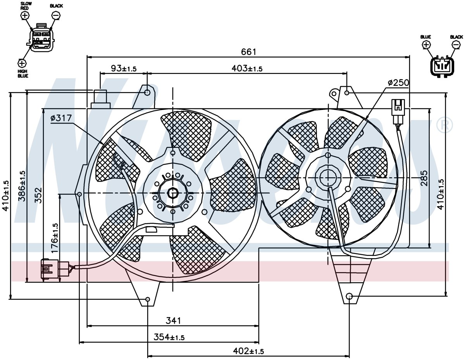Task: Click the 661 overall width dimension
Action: click(x=248, y=52)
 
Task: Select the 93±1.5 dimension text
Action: click(x=124, y=69)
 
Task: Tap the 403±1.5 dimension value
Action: click(x=247, y=69)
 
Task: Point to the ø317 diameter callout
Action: click(x=61, y=118)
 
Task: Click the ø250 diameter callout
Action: click(x=398, y=82)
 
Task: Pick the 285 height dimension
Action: click(x=424, y=178)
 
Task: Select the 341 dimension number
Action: click(x=173, y=321)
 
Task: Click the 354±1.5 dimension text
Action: click(x=169, y=337)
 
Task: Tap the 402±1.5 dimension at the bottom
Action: click(x=248, y=351)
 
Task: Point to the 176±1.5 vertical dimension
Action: click(x=55, y=238)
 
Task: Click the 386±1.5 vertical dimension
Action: click(x=22, y=186)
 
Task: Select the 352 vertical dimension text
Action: click(x=38, y=195)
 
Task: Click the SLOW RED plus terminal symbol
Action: click(x=25, y=15)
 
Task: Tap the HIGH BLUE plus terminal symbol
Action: click(x=22, y=63)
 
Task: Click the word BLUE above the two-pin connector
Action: click(x=425, y=37)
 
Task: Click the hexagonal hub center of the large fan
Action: click(x=173, y=193)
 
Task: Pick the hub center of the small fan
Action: click(x=328, y=178)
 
